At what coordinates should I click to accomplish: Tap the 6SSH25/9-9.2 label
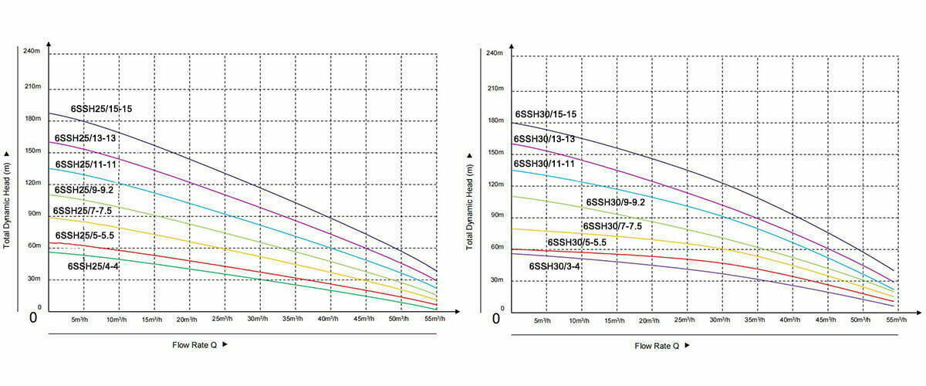pyautogui.click(x=83, y=189)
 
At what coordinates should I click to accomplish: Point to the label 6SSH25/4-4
pyautogui.click(x=93, y=266)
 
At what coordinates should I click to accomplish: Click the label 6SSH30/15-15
pyautogui.click(x=546, y=114)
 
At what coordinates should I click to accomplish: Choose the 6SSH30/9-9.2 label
pyautogui.click(x=615, y=202)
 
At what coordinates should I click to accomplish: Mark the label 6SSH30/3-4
pyautogui.click(x=554, y=266)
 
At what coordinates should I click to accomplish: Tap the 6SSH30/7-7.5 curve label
pyautogui.click(x=612, y=227)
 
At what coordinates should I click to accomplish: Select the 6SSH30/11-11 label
pyautogui.click(x=544, y=164)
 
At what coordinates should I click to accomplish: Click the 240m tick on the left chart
pyautogui.click(x=31, y=52)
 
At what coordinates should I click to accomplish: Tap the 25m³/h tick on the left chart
pyautogui.click(x=222, y=319)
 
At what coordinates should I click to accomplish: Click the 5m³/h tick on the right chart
pyautogui.click(x=544, y=319)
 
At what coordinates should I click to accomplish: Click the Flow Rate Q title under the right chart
pyautogui.click(x=657, y=345)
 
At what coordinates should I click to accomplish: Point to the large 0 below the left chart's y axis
pyautogui.click(x=33, y=317)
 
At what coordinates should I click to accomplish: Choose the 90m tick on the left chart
pyautogui.click(x=33, y=214)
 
